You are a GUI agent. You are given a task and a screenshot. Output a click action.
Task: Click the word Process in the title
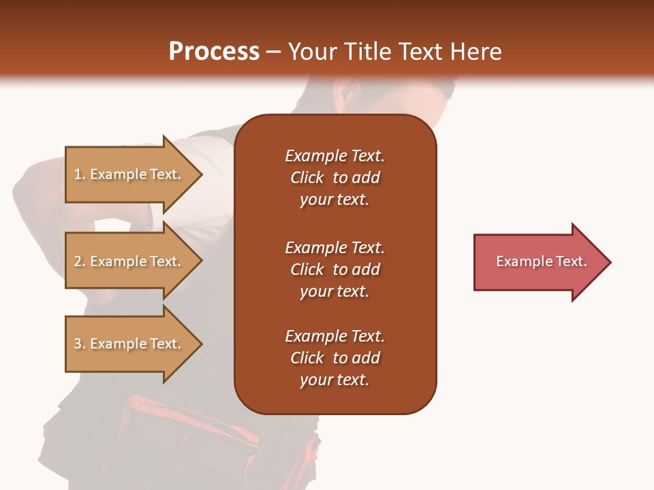tap(214, 52)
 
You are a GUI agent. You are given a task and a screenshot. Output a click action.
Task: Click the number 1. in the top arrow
tap(80, 174)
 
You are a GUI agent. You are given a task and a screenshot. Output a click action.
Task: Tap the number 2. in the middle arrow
tap(80, 261)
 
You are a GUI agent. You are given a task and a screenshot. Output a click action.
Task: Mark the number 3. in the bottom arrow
tap(80, 344)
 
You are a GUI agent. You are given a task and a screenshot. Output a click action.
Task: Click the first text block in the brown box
tap(334, 178)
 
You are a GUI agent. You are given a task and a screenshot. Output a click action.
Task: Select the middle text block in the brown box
tap(334, 269)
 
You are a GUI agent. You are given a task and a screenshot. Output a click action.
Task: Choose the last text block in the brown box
tap(334, 358)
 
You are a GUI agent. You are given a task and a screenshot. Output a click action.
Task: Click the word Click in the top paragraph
tap(307, 178)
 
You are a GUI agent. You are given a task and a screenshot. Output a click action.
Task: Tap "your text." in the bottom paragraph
tap(334, 380)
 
